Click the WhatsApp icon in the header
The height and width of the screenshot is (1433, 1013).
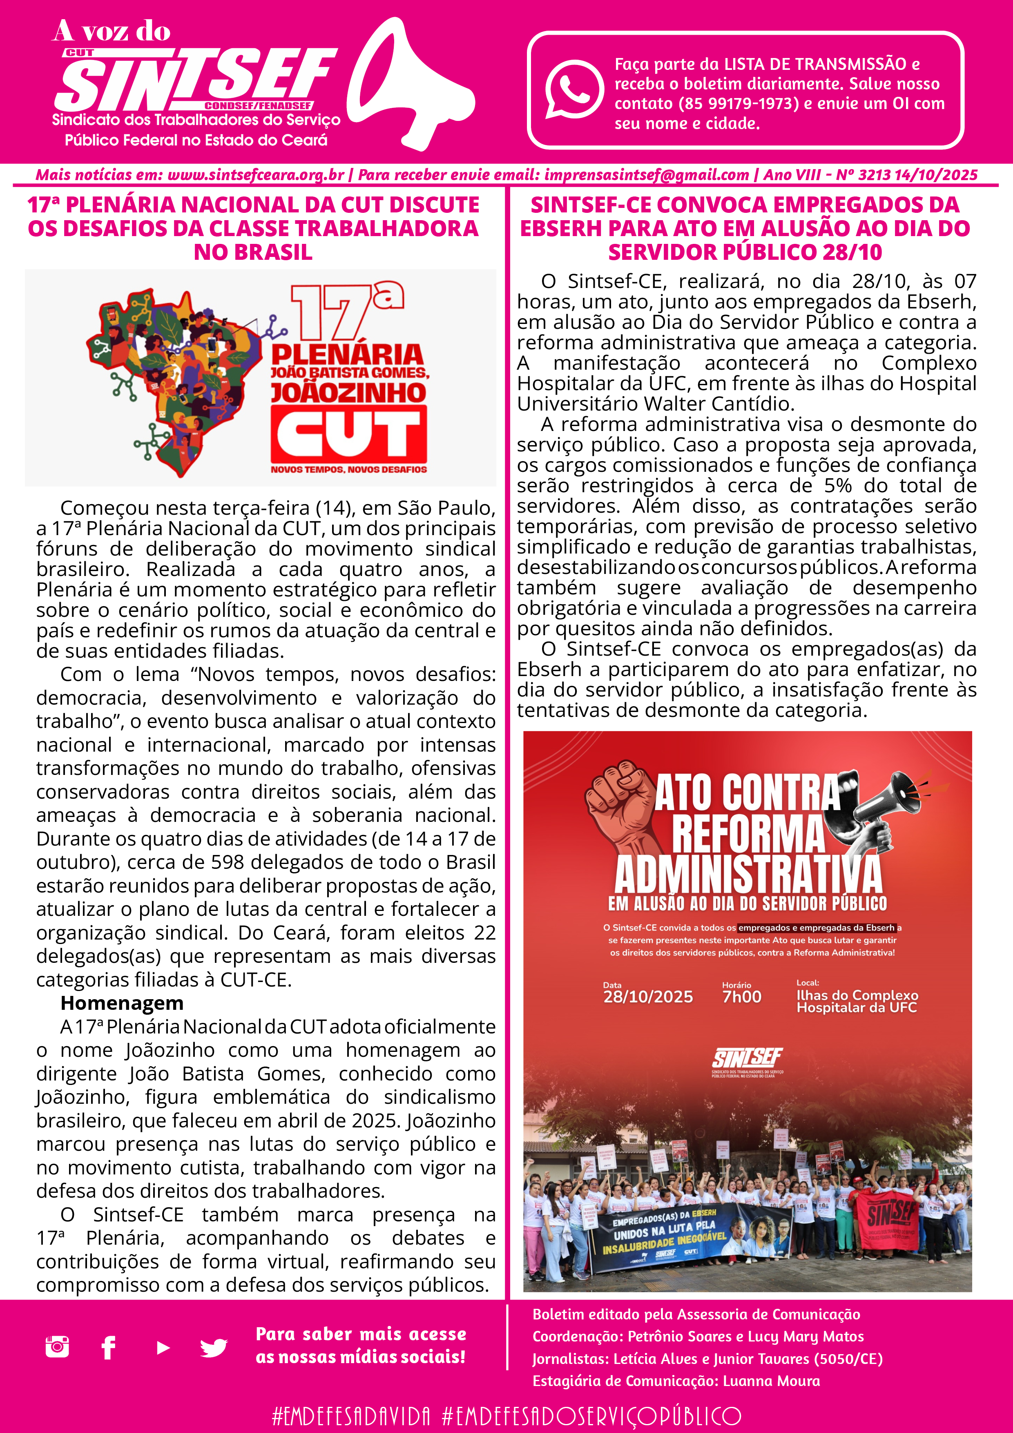(573, 89)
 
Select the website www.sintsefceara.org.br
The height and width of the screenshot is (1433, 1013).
(256, 175)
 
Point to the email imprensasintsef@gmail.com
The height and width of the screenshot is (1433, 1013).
(646, 175)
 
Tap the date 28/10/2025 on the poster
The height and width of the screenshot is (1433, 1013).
(647, 997)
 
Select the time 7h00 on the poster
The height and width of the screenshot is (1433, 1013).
(741, 997)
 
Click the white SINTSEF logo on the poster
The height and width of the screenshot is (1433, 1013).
(747, 1058)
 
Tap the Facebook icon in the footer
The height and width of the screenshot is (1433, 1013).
(109, 1348)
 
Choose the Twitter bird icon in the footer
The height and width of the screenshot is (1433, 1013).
(214, 1348)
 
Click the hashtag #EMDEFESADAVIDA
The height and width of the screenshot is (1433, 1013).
(351, 1415)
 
